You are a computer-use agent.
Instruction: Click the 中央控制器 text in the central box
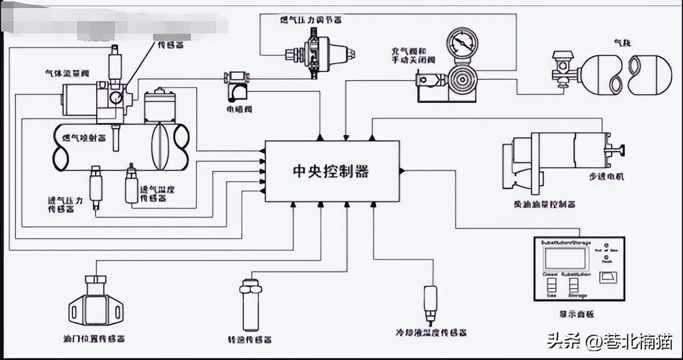tap(331, 172)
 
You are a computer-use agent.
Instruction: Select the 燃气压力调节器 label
tap(310, 20)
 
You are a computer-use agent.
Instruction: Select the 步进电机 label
tap(607, 176)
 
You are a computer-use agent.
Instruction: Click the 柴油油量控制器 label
tap(544, 204)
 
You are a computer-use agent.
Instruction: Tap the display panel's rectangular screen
tap(564, 259)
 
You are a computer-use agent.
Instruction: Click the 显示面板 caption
tap(576, 314)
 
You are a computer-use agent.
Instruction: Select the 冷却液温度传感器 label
tap(431, 333)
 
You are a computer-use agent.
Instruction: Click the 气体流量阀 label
tap(67, 74)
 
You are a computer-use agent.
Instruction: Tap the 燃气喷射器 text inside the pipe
tap(84, 138)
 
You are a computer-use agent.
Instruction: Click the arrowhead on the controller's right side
tap(402, 170)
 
